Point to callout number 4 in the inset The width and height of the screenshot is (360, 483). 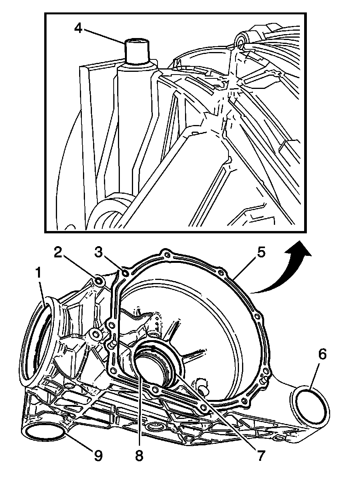pos(78,28)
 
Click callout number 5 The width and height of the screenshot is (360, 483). pos(260,253)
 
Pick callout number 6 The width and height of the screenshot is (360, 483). pos(322,354)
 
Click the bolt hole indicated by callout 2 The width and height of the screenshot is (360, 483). pos(99,280)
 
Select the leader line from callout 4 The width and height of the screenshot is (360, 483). pos(107,37)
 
